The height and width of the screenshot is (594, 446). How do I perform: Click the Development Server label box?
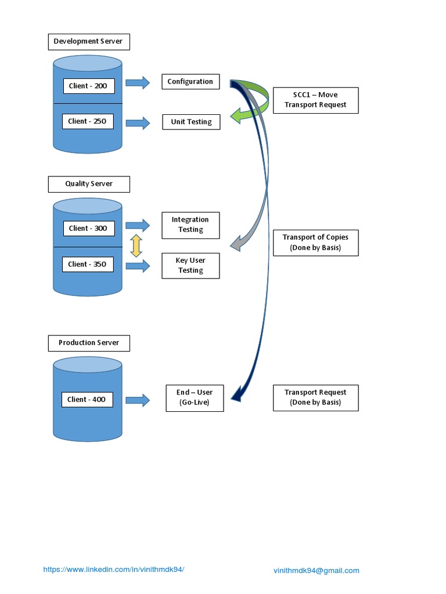coord(89,42)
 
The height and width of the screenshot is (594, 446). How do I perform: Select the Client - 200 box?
coord(88,86)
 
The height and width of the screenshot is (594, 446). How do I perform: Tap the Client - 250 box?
coord(87,121)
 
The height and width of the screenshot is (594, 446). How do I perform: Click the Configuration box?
coord(190,82)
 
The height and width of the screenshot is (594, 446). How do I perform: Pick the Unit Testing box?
coord(191,122)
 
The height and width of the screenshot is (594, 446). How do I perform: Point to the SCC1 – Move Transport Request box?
coord(315,100)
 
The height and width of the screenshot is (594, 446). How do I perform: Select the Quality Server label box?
coord(89,184)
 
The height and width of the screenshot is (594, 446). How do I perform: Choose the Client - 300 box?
coord(88,229)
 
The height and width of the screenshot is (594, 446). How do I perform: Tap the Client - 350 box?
coord(88,265)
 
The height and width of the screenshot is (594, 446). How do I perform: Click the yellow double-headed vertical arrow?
coord(136,246)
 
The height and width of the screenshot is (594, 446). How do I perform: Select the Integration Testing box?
coord(190,225)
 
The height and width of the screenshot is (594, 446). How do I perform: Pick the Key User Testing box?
coord(190,266)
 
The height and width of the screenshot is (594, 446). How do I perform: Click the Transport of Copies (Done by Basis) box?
coord(315,242)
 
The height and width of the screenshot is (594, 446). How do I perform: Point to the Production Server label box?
coord(89,343)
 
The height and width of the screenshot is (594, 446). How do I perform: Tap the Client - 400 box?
coord(87,400)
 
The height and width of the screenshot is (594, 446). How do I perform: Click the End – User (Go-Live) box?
coord(195,398)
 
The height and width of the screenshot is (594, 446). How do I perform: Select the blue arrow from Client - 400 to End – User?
coord(138,400)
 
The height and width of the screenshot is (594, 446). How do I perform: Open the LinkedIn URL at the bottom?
coord(114,570)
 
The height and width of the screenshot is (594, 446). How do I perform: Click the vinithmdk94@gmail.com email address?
coord(316,571)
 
